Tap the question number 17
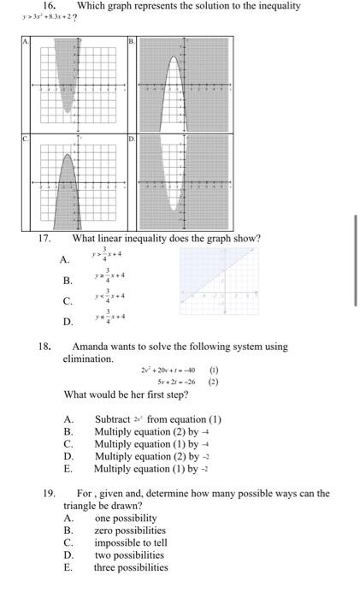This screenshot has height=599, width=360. point(44,238)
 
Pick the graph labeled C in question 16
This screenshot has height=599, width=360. point(76,180)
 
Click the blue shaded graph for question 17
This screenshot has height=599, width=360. point(217,283)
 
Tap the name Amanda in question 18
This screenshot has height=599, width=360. point(94,347)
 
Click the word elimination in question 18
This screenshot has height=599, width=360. point(87,359)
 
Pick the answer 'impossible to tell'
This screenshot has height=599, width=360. point(131,543)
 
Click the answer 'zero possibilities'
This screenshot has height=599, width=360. point(130,531)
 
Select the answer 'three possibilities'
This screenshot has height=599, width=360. point(132,566)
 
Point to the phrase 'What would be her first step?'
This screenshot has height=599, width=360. point(126,395)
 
